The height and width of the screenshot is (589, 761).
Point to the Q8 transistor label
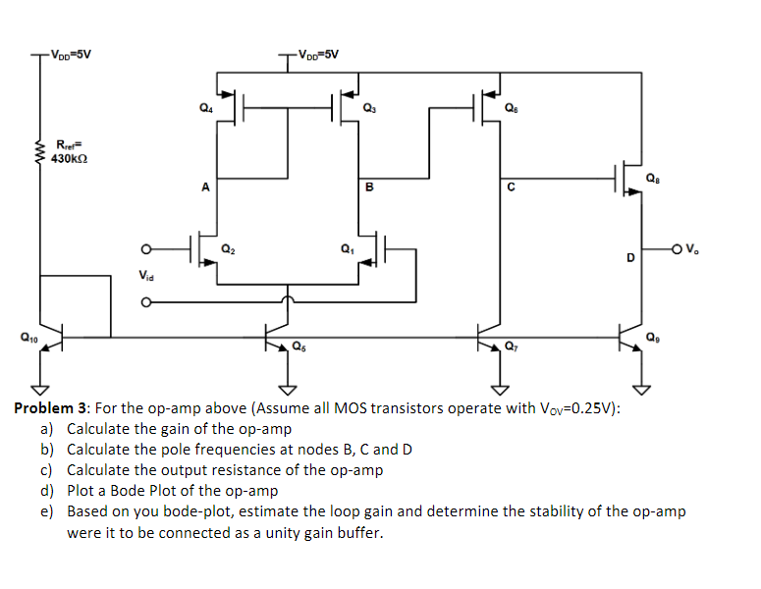click(x=653, y=178)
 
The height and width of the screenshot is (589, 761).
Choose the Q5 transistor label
click(x=299, y=346)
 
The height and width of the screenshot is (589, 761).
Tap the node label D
click(x=629, y=257)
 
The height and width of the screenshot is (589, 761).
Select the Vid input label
click(x=146, y=277)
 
